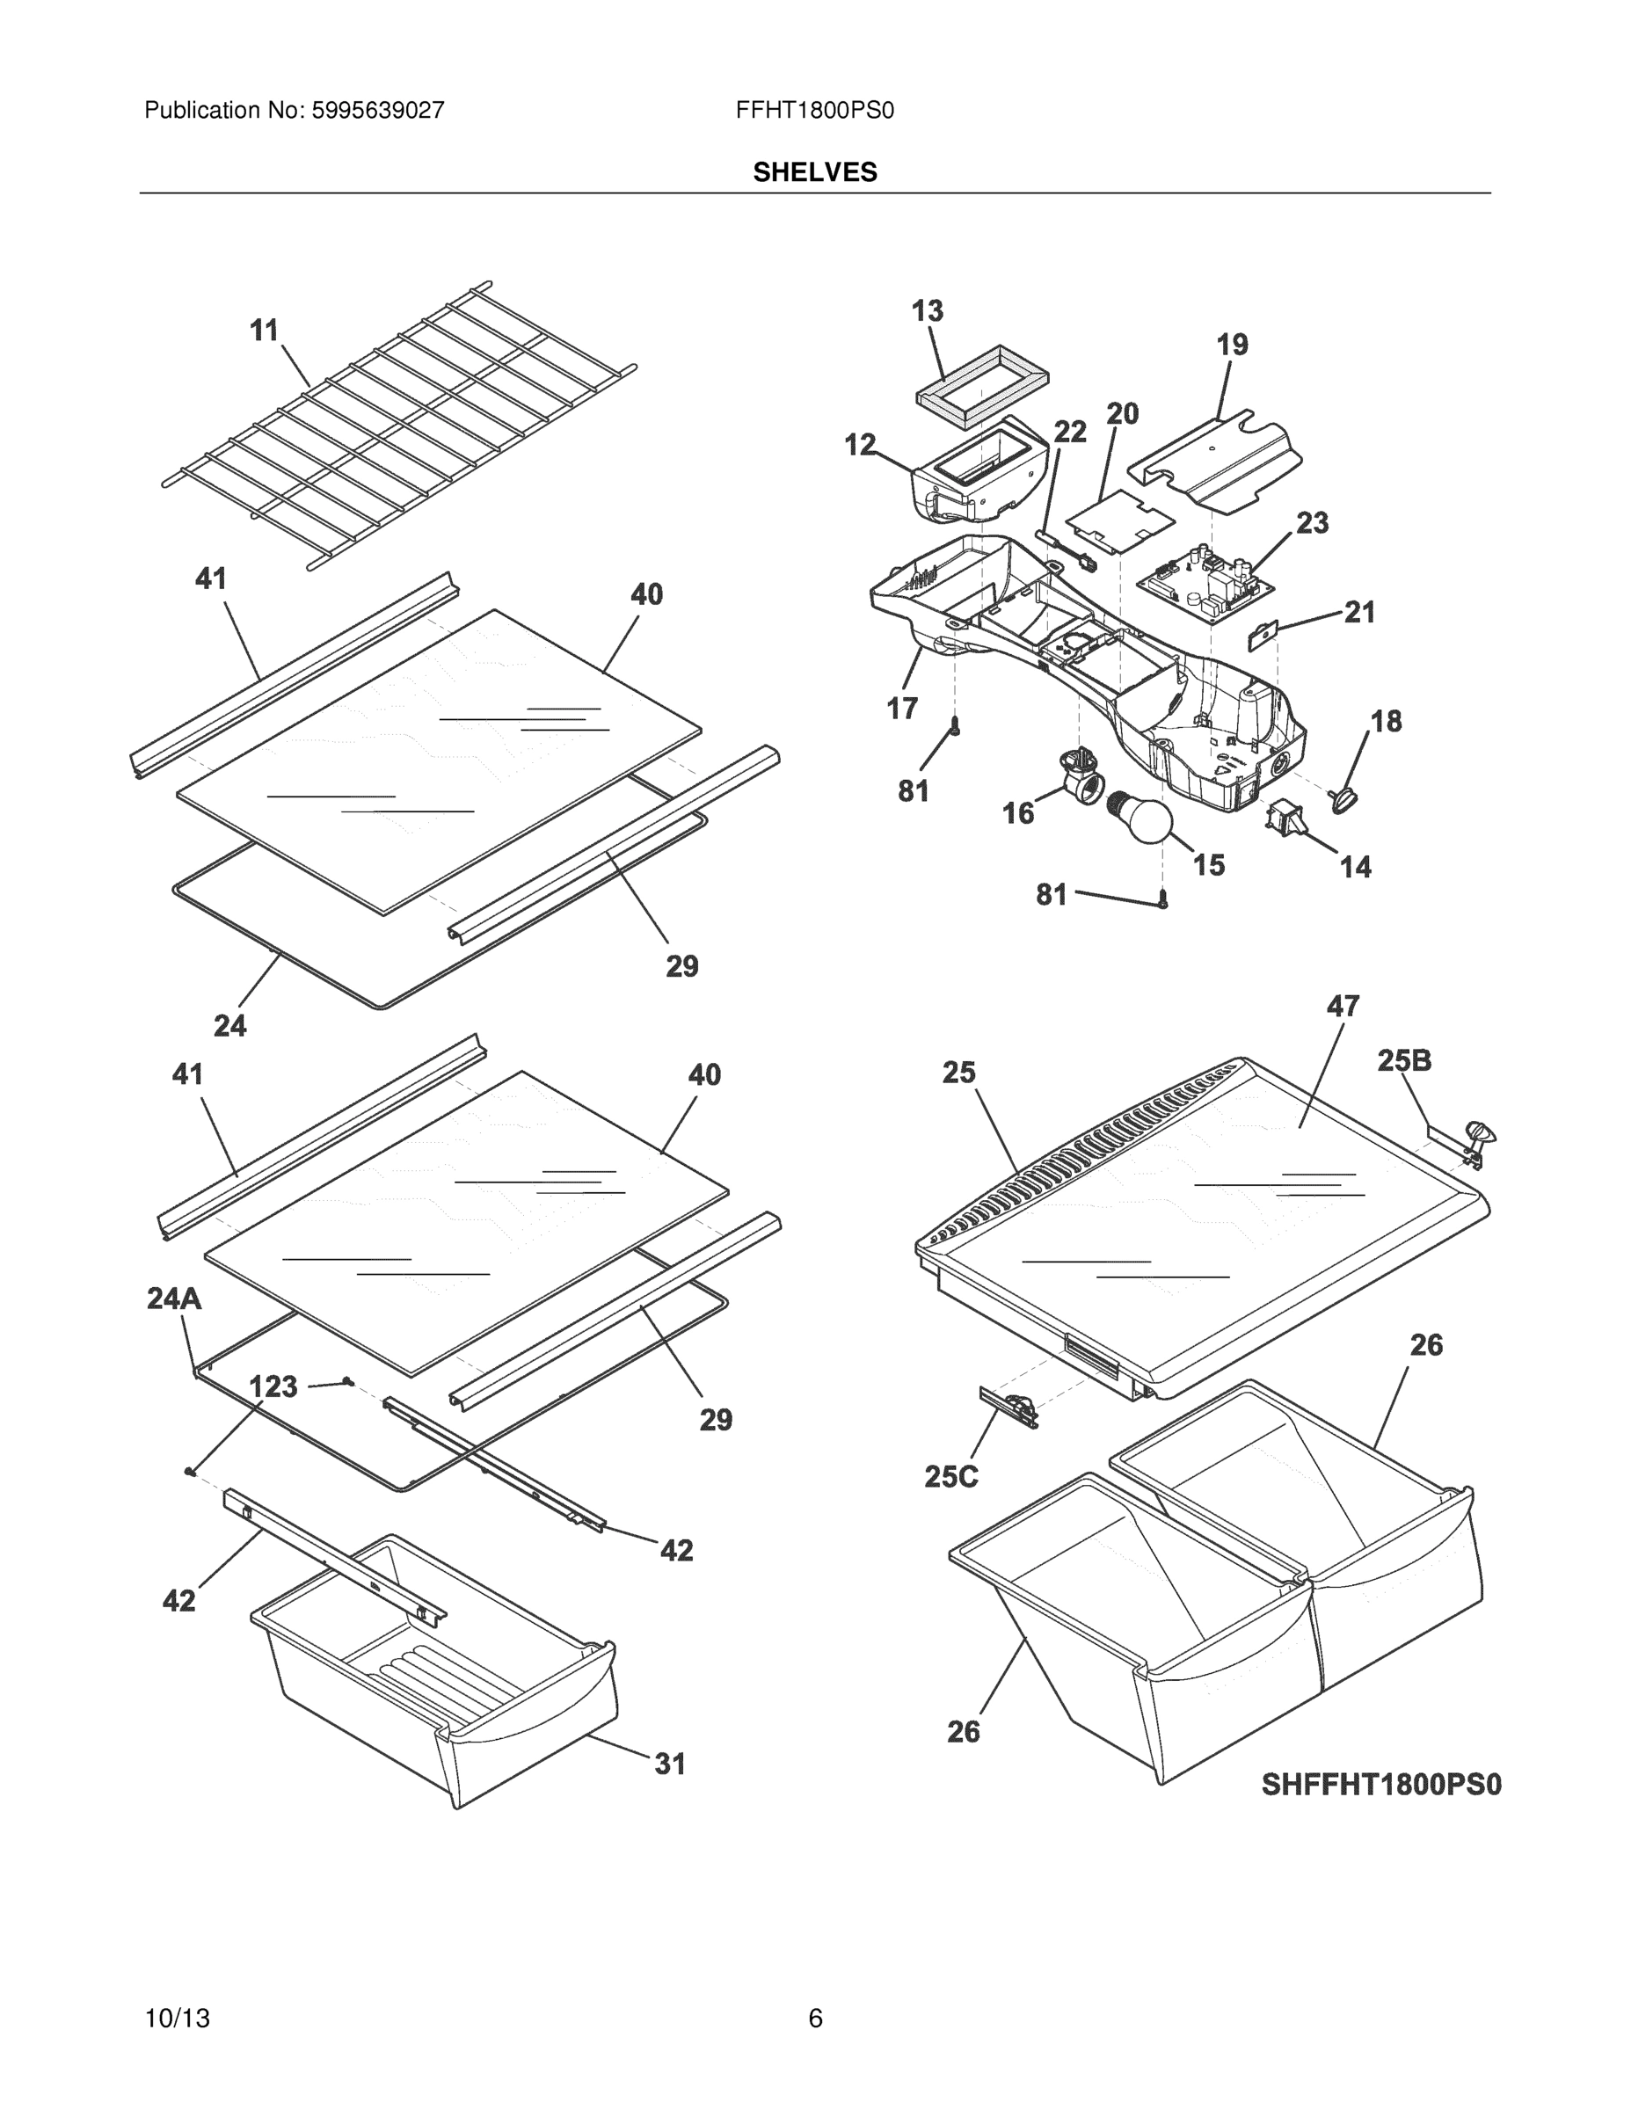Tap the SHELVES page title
pos(814,172)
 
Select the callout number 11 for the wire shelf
pos(264,331)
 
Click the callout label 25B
pos(1404,1061)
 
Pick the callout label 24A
pos(175,1299)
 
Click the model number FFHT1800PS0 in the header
pos(814,111)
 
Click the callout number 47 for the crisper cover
pos(1342,1007)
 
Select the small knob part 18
pos(1344,797)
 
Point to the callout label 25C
pos(950,1476)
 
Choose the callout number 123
pos(273,1387)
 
